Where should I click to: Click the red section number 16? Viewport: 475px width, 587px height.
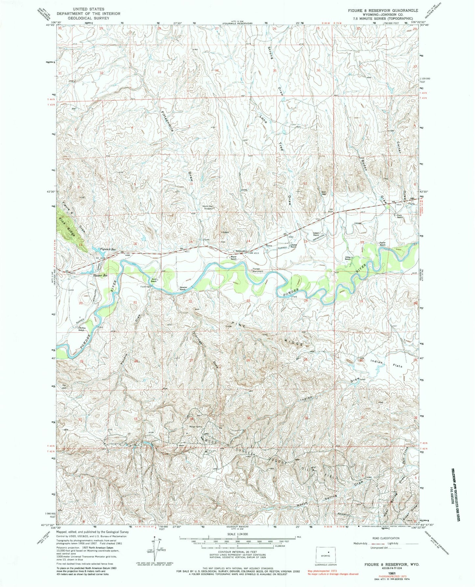(x=135, y=243)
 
